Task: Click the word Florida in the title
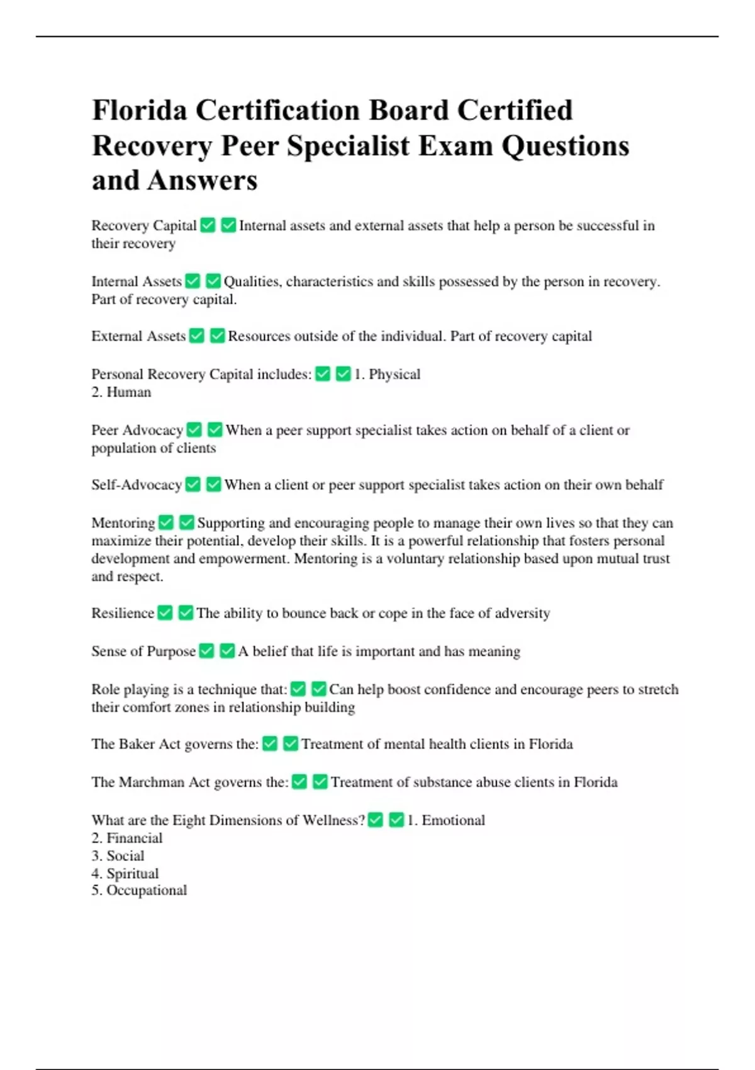pos(139,111)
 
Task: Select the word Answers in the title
pos(202,181)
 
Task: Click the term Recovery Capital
pos(144,225)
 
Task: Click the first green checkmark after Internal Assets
pos(193,281)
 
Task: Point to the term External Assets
pos(138,336)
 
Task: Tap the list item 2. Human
pos(121,392)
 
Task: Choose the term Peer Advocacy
pos(137,430)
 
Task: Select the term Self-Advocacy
pos(137,485)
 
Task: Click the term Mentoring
pos(123,522)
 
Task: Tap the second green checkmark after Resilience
pos(186,612)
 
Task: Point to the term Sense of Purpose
pos(143,651)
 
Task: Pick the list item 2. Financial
pos(127,838)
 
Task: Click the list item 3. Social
pos(118,855)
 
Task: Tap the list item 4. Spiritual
pos(125,873)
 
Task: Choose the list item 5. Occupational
pos(139,890)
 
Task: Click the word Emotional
pos(453,820)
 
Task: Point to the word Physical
pos(394,374)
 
